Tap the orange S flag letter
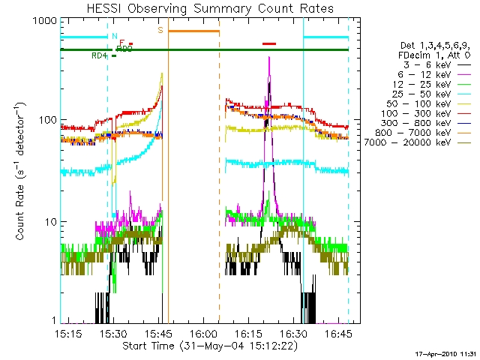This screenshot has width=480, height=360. pyautogui.click(x=160, y=31)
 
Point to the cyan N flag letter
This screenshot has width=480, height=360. pyautogui.click(x=113, y=36)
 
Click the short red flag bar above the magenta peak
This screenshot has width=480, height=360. pyautogui.click(x=269, y=43)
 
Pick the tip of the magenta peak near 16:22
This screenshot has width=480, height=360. pyautogui.click(x=269, y=58)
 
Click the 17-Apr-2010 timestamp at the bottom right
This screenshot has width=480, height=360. pyautogui.click(x=447, y=352)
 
